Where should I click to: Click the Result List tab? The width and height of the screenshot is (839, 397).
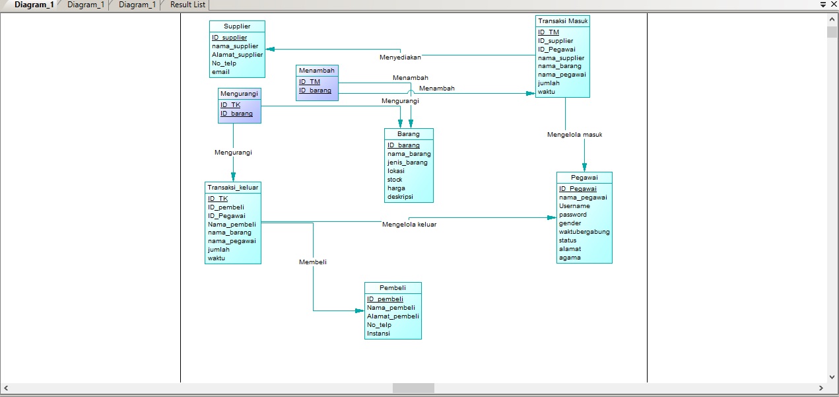click(187, 5)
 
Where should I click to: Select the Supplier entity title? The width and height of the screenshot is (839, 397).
click(237, 26)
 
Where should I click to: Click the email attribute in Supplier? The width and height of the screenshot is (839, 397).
click(220, 72)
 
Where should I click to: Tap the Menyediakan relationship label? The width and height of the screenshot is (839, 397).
click(400, 57)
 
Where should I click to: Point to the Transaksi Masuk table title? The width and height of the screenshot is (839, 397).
click(562, 21)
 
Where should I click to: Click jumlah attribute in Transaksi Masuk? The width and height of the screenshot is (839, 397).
click(549, 83)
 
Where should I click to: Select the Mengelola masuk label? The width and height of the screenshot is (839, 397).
click(574, 135)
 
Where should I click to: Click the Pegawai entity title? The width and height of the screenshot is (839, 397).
click(584, 177)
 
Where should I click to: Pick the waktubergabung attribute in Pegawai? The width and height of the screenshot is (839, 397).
click(584, 232)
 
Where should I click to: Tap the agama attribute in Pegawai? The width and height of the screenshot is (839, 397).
click(570, 258)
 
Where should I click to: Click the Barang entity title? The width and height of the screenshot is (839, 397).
click(408, 134)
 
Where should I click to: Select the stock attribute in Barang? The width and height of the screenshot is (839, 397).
click(394, 180)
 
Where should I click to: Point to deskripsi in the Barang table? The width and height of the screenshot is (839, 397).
click(400, 197)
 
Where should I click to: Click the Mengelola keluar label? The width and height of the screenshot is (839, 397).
click(409, 225)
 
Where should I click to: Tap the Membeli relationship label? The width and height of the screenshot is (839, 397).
click(312, 262)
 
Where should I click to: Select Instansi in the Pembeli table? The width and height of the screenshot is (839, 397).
click(378, 334)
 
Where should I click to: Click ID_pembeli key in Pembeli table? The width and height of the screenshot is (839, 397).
click(385, 299)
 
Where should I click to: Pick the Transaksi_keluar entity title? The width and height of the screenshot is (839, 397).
click(232, 188)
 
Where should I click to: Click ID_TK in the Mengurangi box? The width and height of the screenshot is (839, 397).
click(230, 105)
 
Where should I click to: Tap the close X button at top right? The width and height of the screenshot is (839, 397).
click(834, 5)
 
